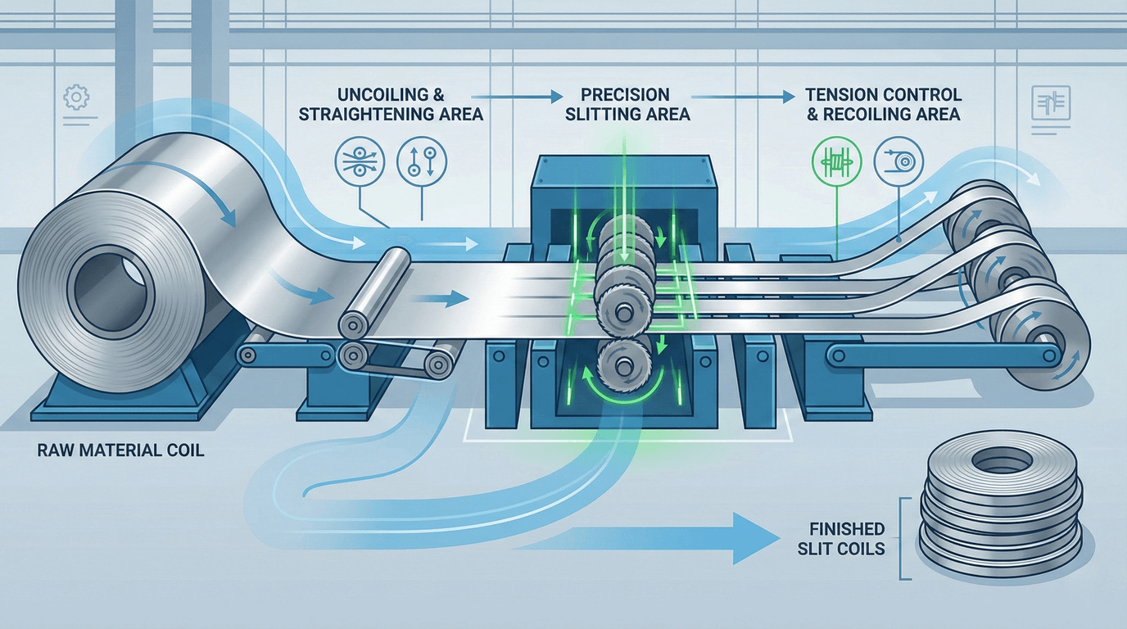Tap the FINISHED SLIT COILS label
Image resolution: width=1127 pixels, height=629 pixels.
coord(841,538)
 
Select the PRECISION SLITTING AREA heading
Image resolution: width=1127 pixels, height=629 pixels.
coord(627,104)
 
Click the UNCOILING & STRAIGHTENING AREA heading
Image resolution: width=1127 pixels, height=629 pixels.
coord(391,104)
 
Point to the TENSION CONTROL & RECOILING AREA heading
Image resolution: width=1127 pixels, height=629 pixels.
coord(883,104)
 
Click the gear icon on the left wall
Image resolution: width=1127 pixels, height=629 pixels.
coord(75,99)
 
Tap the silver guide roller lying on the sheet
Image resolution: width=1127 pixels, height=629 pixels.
coord(375,292)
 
